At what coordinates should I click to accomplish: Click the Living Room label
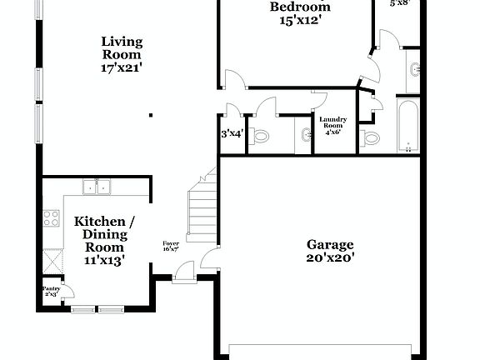122,47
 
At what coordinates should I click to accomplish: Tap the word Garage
330,244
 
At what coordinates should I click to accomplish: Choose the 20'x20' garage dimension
330,258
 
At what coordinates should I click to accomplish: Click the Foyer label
171,246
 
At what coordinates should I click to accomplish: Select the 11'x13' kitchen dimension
103,260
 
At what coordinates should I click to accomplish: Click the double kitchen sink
96,187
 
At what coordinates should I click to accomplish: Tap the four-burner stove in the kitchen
52,219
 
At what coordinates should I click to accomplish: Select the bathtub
408,127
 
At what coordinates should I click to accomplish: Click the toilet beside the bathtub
370,137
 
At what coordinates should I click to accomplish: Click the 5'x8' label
402,3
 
